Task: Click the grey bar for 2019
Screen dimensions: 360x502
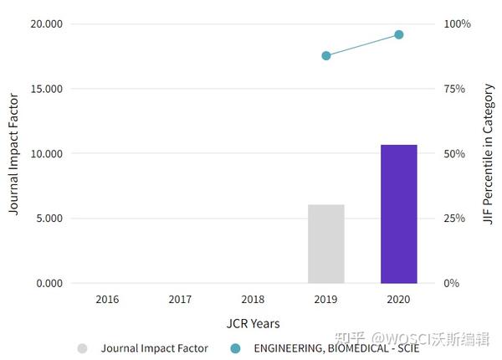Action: (x=326, y=244)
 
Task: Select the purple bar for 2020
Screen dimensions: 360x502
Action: (x=399, y=213)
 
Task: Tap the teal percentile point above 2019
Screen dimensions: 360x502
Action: (x=326, y=56)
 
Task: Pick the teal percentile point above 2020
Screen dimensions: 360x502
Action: (x=399, y=34)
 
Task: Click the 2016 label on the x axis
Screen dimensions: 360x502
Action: (x=107, y=298)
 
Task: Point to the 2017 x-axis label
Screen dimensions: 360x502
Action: (x=180, y=298)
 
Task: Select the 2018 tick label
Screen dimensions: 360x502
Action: (x=253, y=298)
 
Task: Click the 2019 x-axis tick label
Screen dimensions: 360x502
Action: (x=326, y=298)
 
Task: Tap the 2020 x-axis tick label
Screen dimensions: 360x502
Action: (x=399, y=298)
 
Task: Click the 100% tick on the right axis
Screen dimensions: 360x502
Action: (x=457, y=23)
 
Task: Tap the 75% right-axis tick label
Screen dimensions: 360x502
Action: (x=454, y=89)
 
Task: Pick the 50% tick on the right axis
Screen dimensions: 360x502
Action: (x=454, y=154)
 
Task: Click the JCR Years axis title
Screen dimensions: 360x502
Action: (x=253, y=323)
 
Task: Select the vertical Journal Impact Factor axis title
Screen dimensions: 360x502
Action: (x=13, y=154)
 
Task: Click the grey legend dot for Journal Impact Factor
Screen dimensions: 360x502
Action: (x=82, y=347)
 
